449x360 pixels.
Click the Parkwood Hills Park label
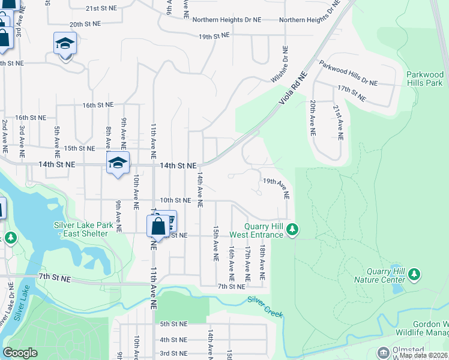coord(424,79)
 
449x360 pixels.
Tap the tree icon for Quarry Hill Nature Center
coord(414,274)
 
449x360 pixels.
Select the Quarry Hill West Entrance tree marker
coord(292,229)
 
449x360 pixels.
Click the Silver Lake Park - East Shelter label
coord(89,229)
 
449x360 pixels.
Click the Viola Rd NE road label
coord(293,90)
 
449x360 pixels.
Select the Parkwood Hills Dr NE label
coord(348,72)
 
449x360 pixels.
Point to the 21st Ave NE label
coord(339,121)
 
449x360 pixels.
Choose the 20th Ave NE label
coord(313,116)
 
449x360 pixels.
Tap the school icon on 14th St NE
coord(118,163)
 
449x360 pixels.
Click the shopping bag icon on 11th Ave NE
coord(158,227)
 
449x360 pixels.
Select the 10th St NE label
coord(175,200)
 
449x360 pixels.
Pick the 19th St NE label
coord(214,36)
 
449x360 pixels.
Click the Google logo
coord(20,353)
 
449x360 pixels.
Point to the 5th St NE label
coord(173,324)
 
